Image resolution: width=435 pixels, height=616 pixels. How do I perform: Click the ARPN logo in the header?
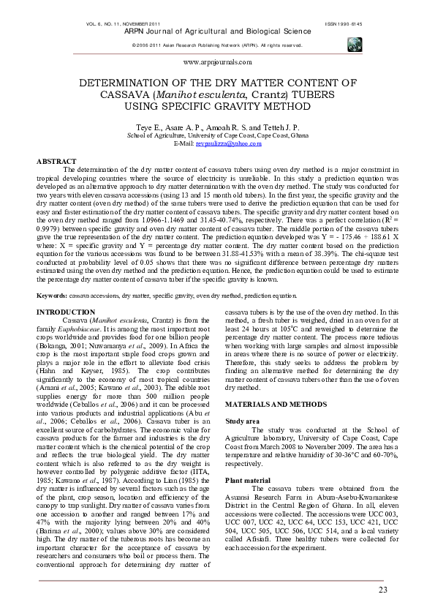pos(354,43)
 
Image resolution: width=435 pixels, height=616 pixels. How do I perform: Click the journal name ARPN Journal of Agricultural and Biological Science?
pos(217,33)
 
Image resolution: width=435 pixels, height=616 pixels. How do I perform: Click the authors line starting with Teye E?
pos(217,127)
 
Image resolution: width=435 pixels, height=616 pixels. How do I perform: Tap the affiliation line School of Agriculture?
pos(217,135)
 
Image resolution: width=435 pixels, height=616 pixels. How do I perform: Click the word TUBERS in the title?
pos(317,94)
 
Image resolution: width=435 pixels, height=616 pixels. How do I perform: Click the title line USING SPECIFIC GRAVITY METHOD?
pos(217,106)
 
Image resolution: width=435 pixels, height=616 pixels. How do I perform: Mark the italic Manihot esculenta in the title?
pos(210,94)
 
